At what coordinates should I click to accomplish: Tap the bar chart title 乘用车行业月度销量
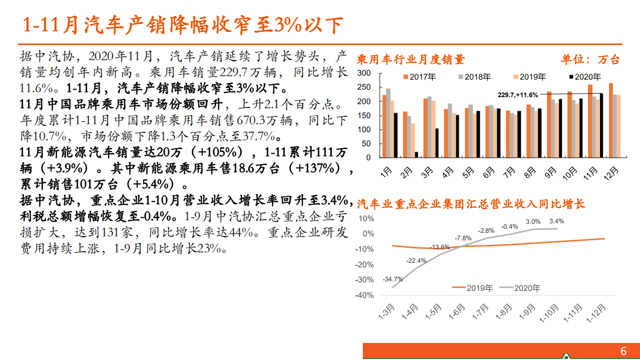411,60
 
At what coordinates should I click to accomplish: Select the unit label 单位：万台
590,60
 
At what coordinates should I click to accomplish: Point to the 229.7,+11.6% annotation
517,95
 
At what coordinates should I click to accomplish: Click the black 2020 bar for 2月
416,155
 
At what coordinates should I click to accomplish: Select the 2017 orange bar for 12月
610,120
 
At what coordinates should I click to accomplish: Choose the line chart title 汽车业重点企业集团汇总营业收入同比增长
470,204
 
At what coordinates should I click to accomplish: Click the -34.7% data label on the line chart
392,279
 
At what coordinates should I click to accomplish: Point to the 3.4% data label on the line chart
556,221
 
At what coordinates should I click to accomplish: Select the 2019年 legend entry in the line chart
473,288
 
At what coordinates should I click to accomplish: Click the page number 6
623,351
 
